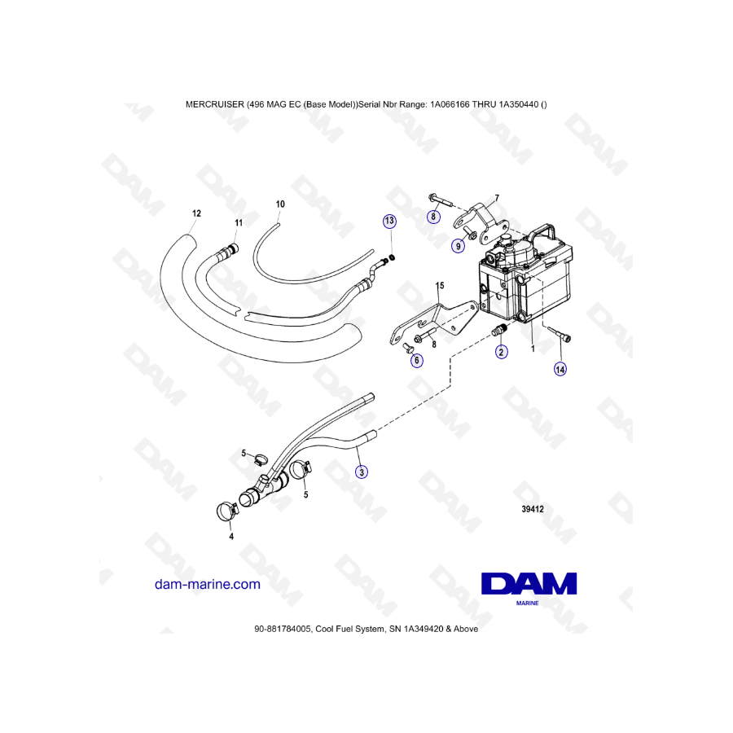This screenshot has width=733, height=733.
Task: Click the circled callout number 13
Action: click(x=389, y=221)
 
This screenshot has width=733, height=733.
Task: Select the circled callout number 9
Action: click(x=458, y=246)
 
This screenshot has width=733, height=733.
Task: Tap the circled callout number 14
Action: click(x=560, y=369)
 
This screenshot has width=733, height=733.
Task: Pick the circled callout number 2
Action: click(x=501, y=352)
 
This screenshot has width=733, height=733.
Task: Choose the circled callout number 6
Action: click(x=416, y=361)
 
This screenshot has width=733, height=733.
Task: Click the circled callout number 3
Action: click(x=362, y=472)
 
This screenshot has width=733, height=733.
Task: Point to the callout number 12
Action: click(x=196, y=213)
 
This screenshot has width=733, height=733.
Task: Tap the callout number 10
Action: click(x=280, y=204)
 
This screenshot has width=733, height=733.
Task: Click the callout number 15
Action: click(x=440, y=285)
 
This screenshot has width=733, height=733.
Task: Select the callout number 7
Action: click(x=497, y=198)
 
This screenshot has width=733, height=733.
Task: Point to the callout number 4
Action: click(x=231, y=537)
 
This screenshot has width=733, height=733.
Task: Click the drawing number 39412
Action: click(x=533, y=509)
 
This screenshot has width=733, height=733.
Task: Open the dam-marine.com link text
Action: click(x=207, y=584)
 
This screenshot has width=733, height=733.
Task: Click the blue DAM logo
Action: click(x=529, y=589)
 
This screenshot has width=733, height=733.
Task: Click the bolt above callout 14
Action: click(x=558, y=334)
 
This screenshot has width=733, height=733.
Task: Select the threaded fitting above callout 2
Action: click(x=499, y=329)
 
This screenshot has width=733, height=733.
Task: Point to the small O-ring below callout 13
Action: click(x=393, y=257)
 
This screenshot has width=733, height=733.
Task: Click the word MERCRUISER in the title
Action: click(x=214, y=104)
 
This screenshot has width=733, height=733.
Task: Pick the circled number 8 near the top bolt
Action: click(x=433, y=217)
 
